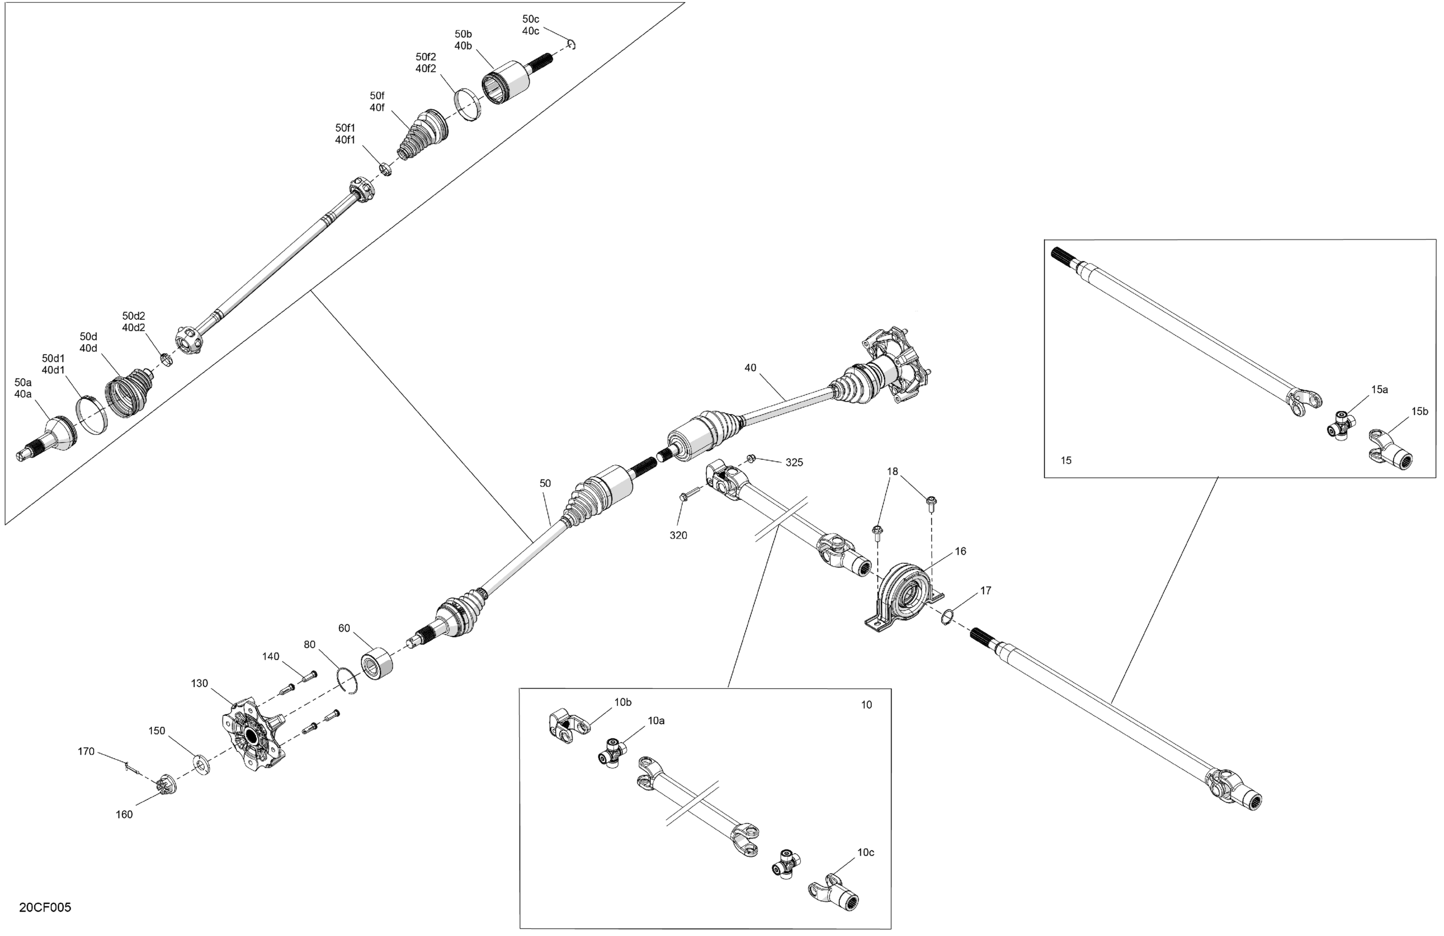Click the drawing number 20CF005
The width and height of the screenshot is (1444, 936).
click(x=45, y=907)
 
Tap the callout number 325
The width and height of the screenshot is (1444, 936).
click(x=794, y=462)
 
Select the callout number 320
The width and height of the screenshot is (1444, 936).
click(x=678, y=535)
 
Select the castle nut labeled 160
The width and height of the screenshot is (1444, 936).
click(x=165, y=785)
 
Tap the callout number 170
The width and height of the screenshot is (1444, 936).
click(x=86, y=752)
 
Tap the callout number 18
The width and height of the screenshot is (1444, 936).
click(x=893, y=471)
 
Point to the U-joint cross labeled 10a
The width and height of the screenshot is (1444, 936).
click(x=611, y=752)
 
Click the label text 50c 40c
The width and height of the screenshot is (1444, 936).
click(x=530, y=25)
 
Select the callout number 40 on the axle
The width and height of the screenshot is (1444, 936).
click(x=750, y=368)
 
